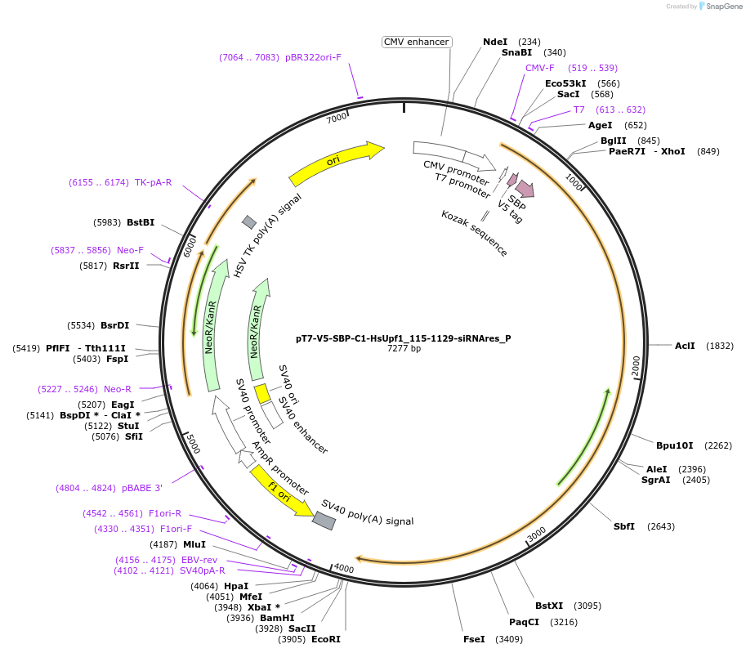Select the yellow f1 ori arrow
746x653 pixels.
pos(280,491)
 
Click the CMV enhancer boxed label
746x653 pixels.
pos(417,42)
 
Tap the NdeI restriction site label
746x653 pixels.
pos(495,42)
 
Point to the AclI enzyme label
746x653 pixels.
pos(685,346)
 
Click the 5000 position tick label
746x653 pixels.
pos(191,443)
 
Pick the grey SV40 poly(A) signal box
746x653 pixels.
pos(324,521)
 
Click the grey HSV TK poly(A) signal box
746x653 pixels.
pos(249,221)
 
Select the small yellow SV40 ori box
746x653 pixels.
pos(262,394)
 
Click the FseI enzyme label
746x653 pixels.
pos(474,639)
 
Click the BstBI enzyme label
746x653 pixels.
pos(141,222)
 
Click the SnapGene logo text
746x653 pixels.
pos(722,7)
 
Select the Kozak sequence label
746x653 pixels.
pos(474,233)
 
